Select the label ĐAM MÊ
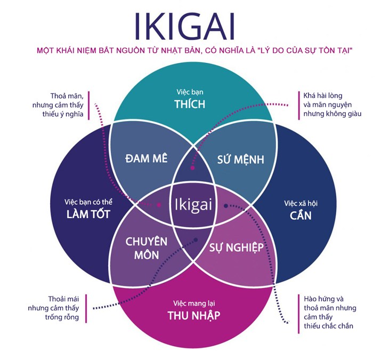point(147,158)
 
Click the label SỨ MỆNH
point(241,159)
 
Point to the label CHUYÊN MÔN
point(146,248)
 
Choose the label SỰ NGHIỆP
point(237,247)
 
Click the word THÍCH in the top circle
point(190,104)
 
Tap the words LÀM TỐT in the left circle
point(89,215)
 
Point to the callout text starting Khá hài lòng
point(331,105)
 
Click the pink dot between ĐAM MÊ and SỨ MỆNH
point(192,169)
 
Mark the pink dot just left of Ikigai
point(159,204)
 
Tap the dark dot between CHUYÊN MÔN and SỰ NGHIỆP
point(196,239)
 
